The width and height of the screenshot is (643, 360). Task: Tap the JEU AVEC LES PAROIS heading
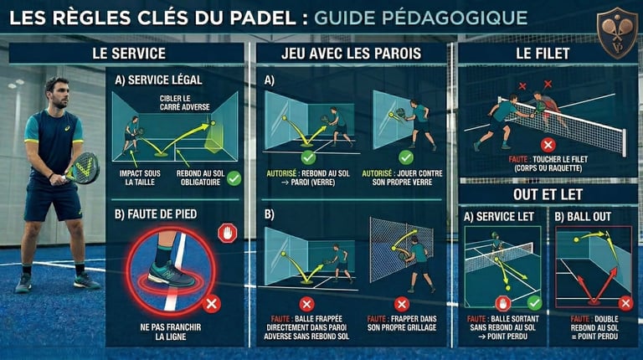coord(350,54)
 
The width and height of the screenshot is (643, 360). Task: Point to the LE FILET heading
coord(543,54)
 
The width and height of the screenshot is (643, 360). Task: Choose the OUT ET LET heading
coord(543,194)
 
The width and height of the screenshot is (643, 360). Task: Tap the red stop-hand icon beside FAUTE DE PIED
coord(227,232)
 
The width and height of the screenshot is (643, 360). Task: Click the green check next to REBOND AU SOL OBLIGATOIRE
coord(234,177)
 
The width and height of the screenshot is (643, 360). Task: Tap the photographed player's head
coord(57,92)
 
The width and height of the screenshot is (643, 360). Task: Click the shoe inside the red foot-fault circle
coord(172,271)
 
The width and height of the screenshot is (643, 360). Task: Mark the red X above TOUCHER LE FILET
coord(548,145)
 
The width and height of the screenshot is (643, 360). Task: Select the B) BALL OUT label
coord(584,217)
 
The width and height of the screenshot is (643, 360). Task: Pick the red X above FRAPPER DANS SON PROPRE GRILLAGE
coord(402,305)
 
